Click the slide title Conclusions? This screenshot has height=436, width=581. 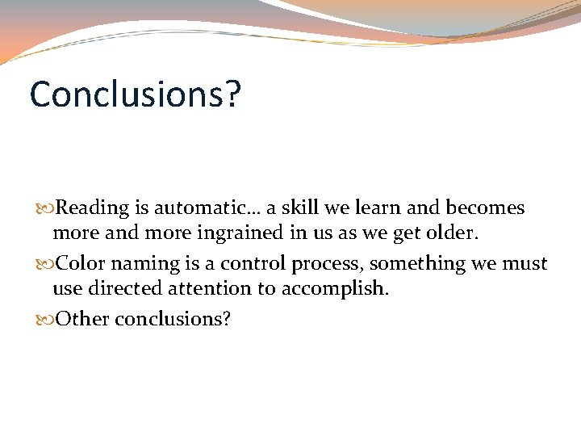[x=135, y=95]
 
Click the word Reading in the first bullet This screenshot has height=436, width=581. [x=93, y=208]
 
